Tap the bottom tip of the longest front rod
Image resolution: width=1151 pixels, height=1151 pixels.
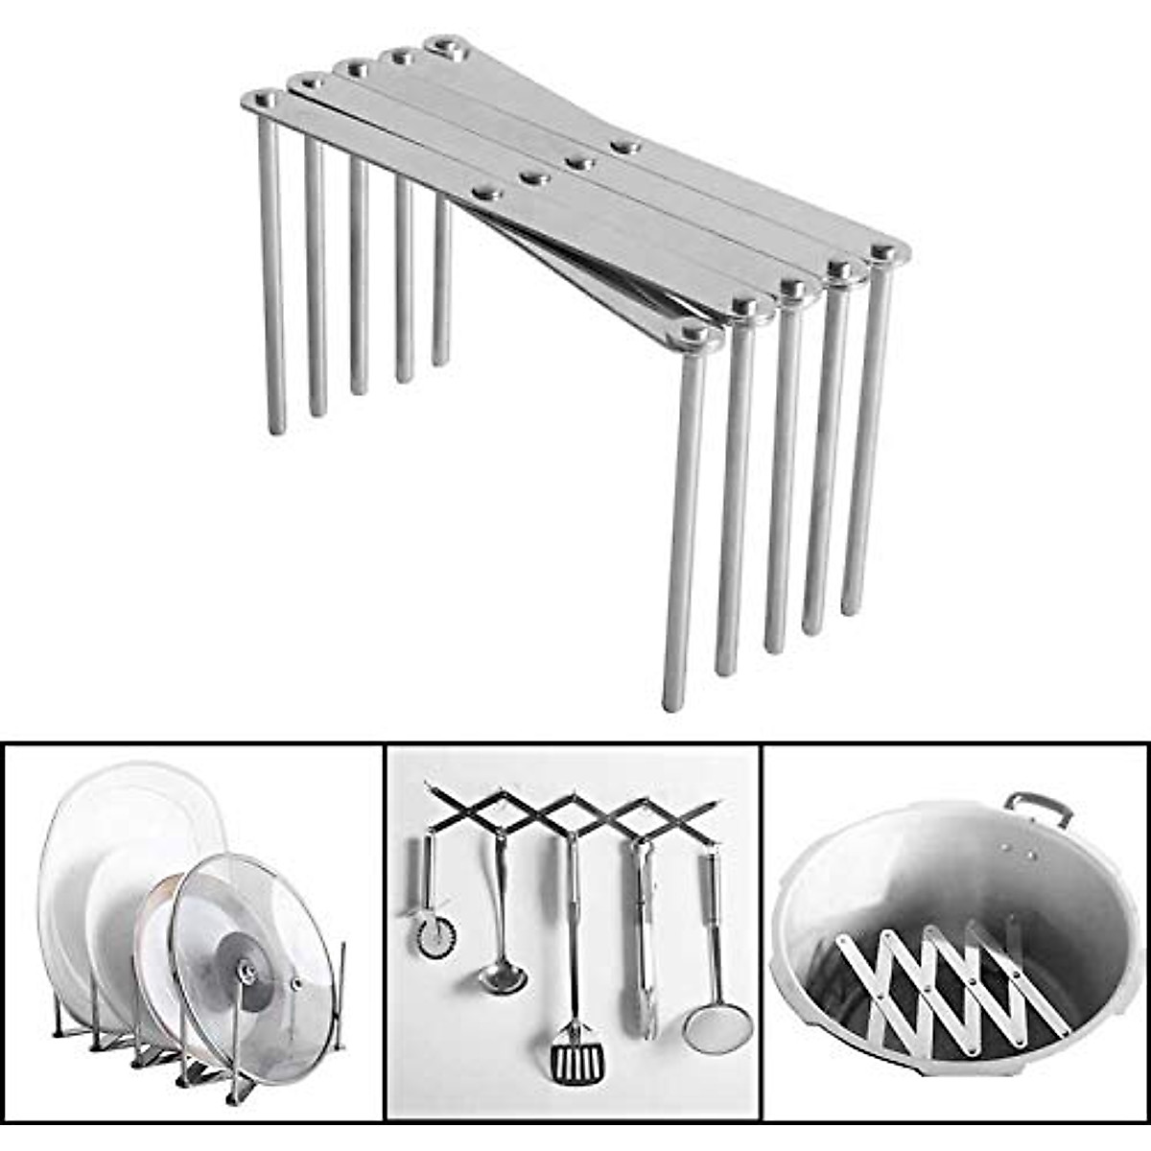point(674,706)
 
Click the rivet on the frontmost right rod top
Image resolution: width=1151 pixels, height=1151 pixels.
point(699,333)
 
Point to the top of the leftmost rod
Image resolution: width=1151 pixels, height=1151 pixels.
point(265,99)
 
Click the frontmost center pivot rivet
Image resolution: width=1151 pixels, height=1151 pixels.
point(486,192)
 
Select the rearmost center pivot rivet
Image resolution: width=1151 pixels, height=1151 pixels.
point(625,146)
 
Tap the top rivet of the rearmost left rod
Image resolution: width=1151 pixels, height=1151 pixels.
point(443,44)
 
